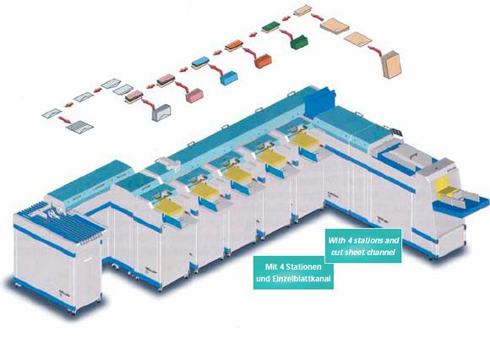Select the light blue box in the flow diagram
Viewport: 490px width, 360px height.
tap(229, 78)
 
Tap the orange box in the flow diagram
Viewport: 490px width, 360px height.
tap(263, 61)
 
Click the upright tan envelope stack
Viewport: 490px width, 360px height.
tap(391, 64)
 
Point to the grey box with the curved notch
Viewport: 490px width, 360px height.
tap(161, 112)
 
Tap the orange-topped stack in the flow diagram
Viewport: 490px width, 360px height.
tap(235, 45)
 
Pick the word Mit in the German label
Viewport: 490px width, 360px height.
tap(270, 267)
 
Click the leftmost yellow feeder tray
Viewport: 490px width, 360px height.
tap(169, 207)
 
